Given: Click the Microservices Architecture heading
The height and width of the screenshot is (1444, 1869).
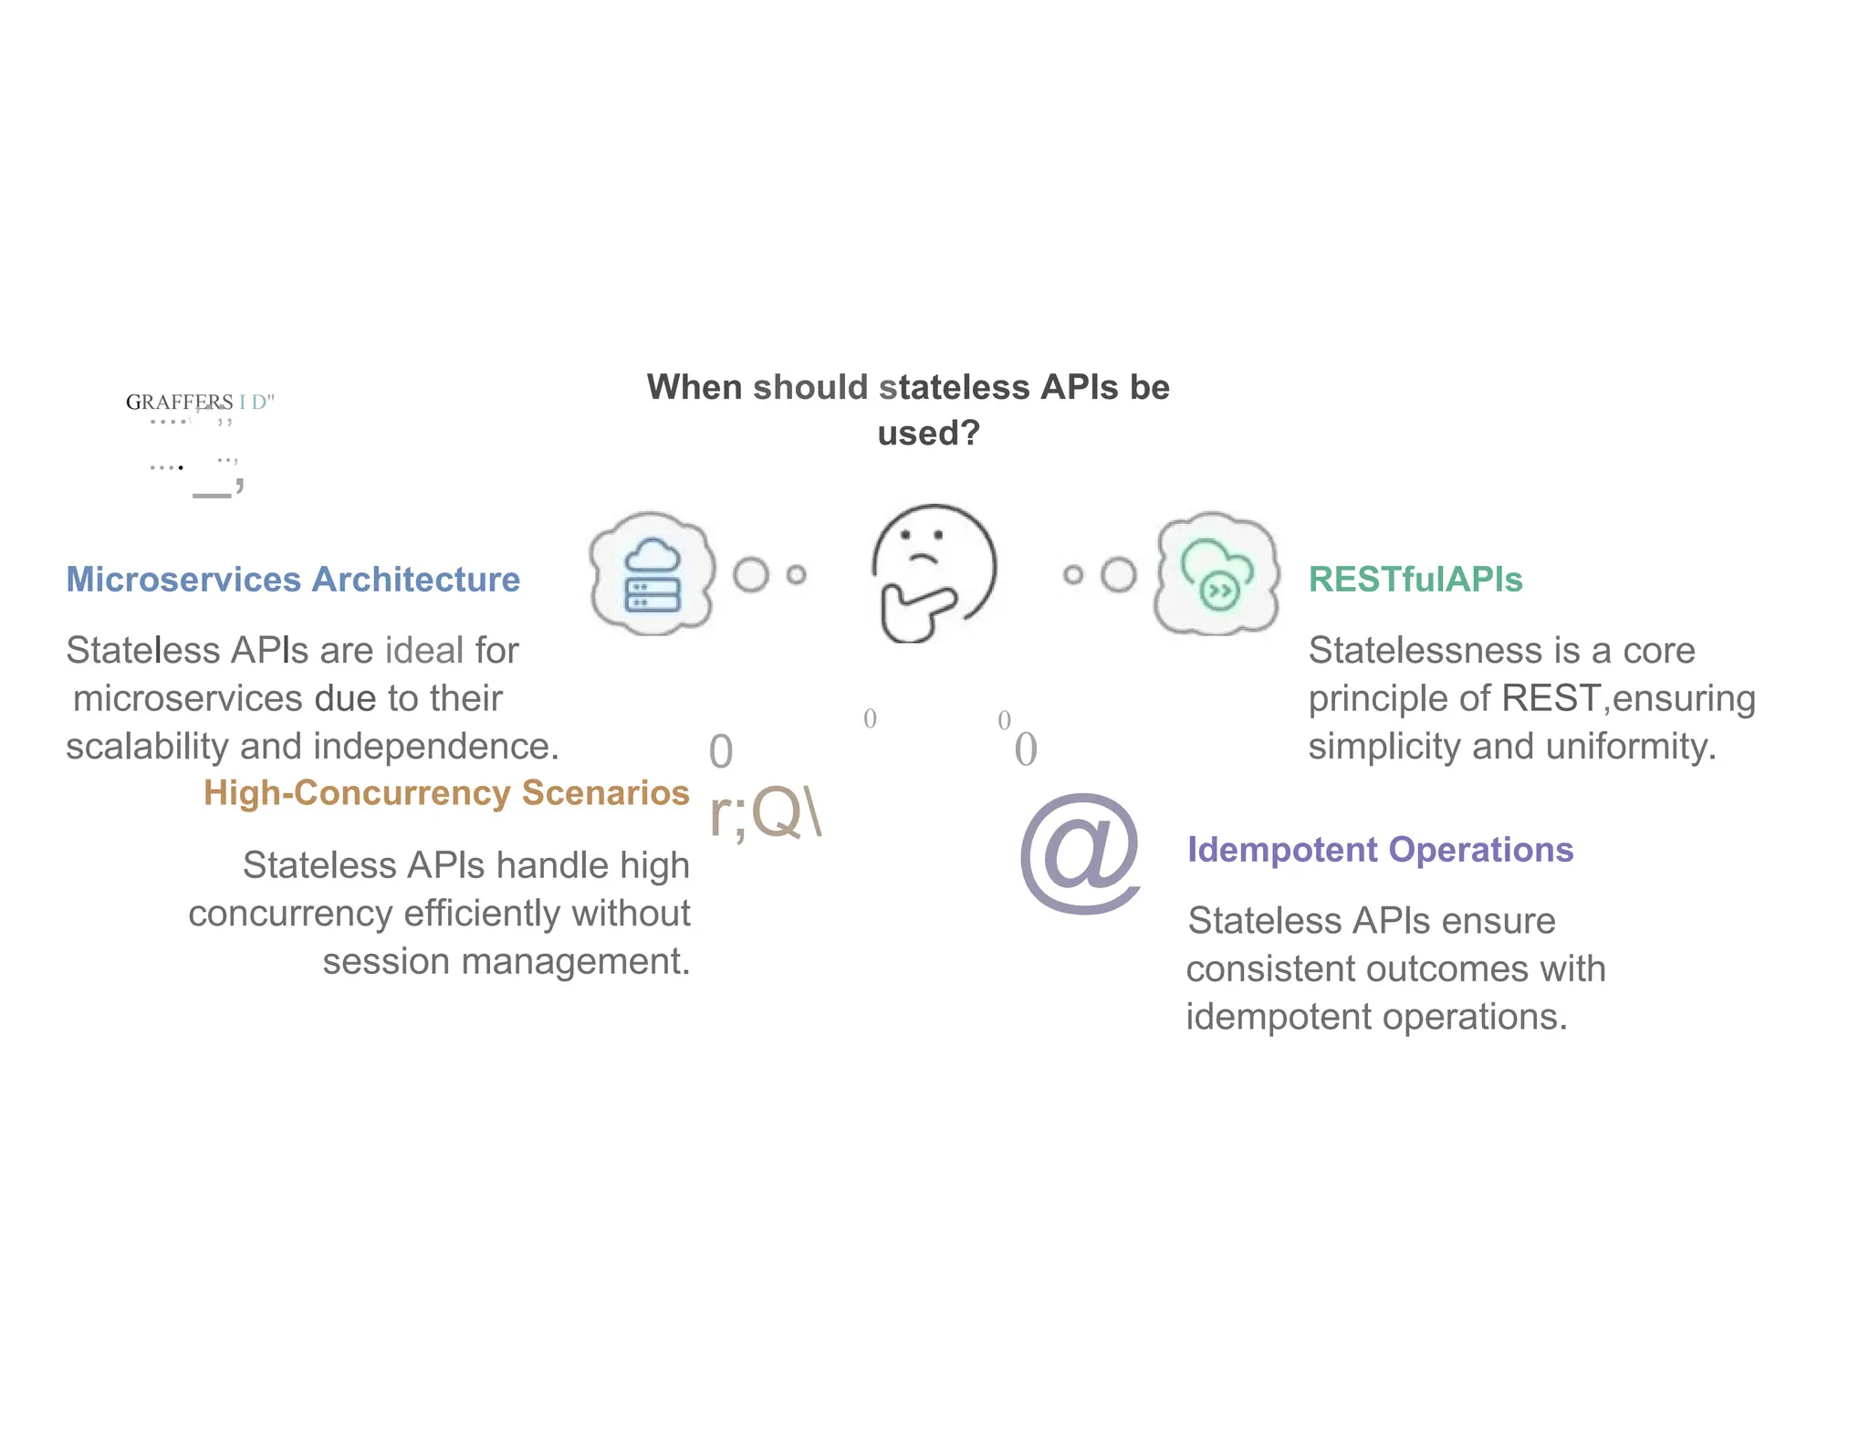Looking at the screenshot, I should pos(293,581).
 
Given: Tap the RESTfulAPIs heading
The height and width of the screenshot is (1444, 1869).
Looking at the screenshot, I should pos(1415,581).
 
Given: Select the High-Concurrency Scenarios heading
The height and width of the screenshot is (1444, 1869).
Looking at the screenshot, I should pos(446,793).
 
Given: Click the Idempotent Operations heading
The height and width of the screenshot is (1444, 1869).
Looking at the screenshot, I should pos(1380,851).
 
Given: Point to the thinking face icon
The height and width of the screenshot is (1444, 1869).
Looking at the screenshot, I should pos(933,573).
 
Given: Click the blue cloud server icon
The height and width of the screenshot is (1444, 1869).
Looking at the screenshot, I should pos(652,574).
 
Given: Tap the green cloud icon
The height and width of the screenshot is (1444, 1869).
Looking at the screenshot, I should pos(1216,574).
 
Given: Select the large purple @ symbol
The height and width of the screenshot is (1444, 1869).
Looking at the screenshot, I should pos(1081,853).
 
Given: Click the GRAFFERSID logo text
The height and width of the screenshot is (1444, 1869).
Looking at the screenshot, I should pos(200,403).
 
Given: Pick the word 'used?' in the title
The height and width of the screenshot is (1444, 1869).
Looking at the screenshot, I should pos(928,434).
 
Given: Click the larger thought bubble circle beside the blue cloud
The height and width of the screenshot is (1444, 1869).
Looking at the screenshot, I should pos(751,575).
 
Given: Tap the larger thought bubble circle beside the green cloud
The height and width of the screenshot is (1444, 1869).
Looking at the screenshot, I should pos(1118,575).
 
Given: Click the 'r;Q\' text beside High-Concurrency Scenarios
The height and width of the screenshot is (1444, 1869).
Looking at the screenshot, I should pos(766,813).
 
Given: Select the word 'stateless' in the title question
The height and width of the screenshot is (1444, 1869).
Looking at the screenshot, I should pos(954,388).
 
